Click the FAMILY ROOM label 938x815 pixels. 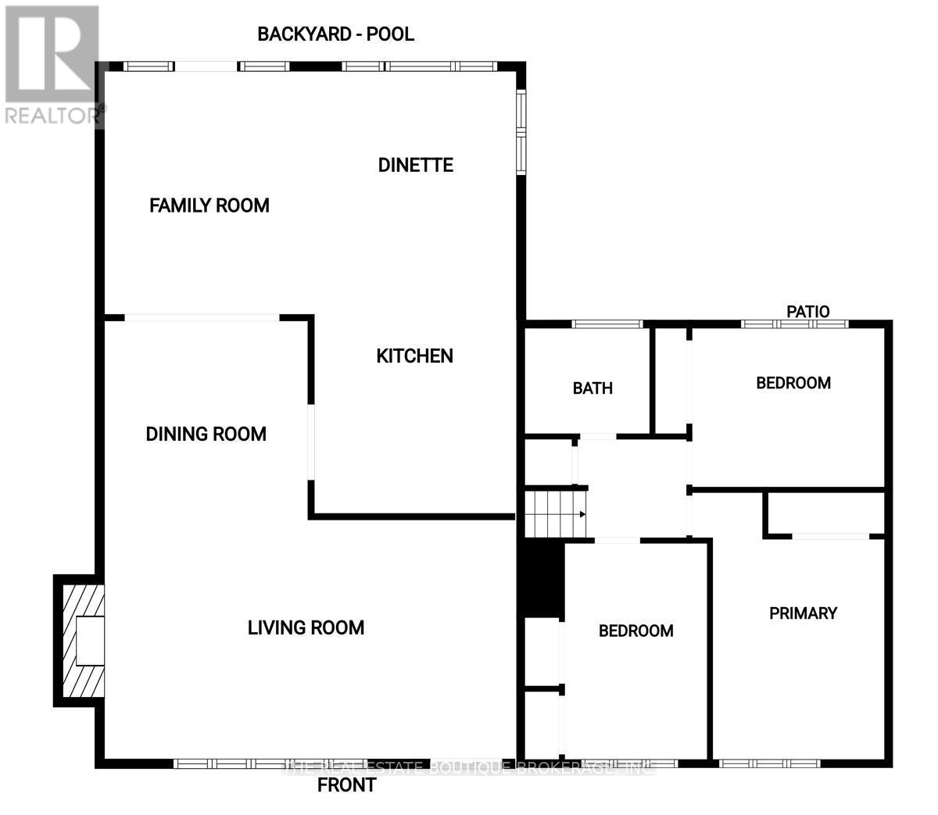point(209,206)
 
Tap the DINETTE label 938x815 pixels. point(415,165)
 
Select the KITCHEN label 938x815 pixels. point(414,356)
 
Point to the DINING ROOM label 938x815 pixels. point(206,434)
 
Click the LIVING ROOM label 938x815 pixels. point(306,627)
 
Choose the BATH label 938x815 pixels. point(593,388)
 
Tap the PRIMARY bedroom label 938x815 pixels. point(803,613)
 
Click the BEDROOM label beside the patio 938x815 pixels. point(793,383)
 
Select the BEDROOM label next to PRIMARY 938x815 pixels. point(635,631)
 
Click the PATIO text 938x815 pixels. point(807,312)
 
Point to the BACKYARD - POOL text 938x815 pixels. point(335,34)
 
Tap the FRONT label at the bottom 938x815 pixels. point(346,785)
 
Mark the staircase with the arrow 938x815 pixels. point(554,514)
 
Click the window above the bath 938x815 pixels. point(607,323)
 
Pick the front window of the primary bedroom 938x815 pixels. point(769,763)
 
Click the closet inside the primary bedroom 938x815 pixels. point(825,513)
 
